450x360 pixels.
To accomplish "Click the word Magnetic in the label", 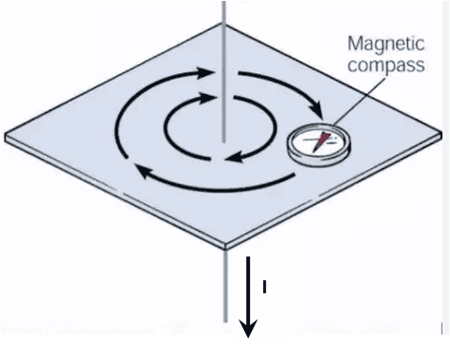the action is pos(386,44).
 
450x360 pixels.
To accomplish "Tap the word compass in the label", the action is pos(386,66).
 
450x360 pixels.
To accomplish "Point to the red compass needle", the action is pos(320,142).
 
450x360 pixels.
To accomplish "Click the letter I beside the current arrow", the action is pos(265,287).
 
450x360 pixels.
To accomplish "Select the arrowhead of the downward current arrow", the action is pos(248,328).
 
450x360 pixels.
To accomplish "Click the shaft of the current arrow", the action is pos(248,289).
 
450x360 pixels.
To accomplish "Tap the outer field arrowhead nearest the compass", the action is pos(317,110).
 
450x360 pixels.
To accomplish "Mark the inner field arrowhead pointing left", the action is pos(234,157).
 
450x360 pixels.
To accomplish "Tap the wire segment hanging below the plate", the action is pos(225,286).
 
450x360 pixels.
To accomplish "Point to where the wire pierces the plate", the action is pos(224,142).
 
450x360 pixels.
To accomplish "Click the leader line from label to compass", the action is pos(360,101).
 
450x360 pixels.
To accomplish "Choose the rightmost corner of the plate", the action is pos(441,134).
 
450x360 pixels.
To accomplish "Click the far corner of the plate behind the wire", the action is pos(224,24).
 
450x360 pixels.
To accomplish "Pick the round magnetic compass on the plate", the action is pos(318,144).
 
